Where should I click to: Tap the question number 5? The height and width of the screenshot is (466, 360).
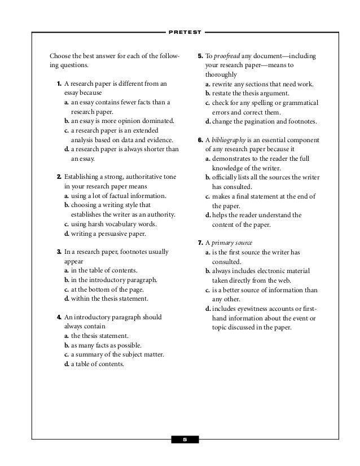pos(200,56)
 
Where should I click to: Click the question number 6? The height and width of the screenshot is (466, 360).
pos(200,140)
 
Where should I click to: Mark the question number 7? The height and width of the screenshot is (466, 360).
pos(200,242)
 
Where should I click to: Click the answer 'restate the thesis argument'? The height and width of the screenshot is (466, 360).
pos(251,93)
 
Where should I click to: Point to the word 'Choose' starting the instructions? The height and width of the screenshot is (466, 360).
pos(60,56)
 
